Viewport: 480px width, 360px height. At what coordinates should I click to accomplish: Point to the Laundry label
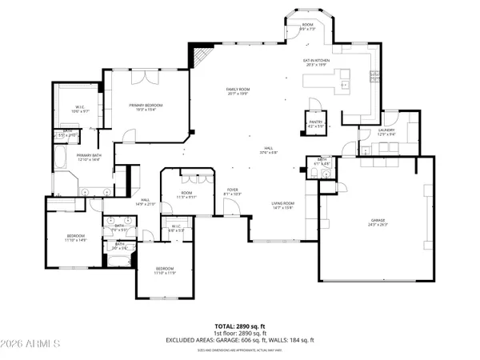(387, 133)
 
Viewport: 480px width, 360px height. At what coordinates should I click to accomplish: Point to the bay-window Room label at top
(307, 26)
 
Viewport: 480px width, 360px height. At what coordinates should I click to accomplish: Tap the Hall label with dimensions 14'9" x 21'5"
(146, 202)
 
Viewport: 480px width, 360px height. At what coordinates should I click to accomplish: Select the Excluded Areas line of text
(239, 340)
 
